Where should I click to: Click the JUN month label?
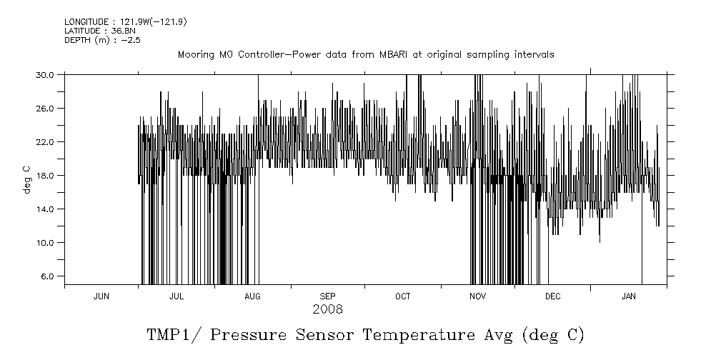pos(101,296)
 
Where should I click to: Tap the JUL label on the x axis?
pos(176,296)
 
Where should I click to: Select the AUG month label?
pos(252,296)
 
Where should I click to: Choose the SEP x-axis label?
pos(327,296)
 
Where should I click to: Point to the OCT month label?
pos(402,296)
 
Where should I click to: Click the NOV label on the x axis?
pos(477,296)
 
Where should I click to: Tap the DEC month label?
pos(552,296)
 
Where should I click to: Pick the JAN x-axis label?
pos(629,296)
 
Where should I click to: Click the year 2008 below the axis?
pos(327,309)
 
